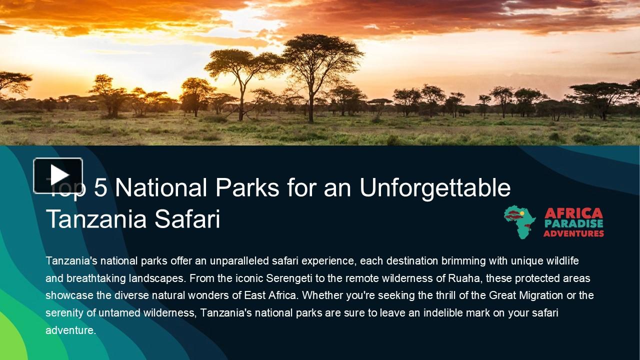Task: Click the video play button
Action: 58,175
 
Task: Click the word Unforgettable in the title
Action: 435,187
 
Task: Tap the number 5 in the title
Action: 100,187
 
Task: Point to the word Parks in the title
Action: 247,187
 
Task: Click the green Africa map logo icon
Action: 519,221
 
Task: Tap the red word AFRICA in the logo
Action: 573,213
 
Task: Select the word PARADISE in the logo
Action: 573,224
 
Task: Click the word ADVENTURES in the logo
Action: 573,233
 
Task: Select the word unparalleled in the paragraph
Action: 239,261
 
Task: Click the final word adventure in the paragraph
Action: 70,330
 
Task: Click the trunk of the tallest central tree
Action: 311,107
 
